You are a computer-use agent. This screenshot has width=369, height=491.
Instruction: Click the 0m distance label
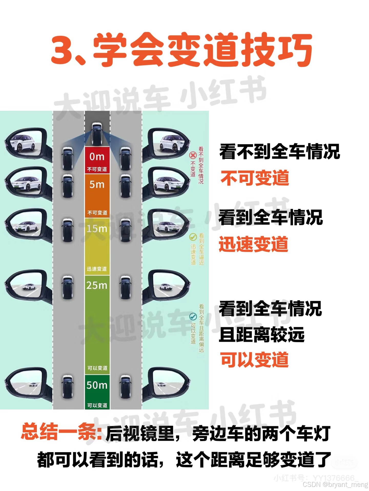coord(97,157)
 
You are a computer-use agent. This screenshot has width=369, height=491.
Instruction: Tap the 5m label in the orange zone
coord(97,184)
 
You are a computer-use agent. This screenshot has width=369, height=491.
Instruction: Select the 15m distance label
coord(97,228)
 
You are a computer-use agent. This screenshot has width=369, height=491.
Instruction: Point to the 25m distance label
coord(97,285)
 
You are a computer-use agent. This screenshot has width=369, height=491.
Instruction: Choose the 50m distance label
coord(97,385)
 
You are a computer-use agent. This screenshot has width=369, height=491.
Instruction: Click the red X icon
coord(193,155)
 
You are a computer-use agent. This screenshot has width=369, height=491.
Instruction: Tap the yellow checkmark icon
coord(193,237)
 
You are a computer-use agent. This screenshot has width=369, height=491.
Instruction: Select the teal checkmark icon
coord(193,317)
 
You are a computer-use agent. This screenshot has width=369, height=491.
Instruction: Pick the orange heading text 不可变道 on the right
coord(255,178)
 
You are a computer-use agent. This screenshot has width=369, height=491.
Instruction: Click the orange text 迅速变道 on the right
coord(253,244)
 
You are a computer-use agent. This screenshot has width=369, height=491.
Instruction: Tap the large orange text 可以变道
coord(254,359)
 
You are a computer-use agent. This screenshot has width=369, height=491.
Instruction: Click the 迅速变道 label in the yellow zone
coord(97,269)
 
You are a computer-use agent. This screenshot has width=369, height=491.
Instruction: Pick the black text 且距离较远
coord(262,334)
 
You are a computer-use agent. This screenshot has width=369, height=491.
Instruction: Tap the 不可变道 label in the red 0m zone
coord(97,169)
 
